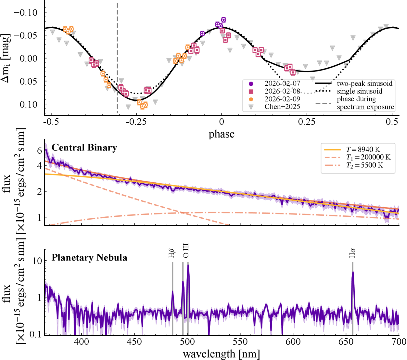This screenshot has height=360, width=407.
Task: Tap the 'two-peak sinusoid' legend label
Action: pos(364,83)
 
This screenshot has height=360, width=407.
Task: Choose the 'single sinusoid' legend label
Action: pos(359,91)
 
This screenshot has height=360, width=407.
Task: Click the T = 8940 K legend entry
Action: pos(363,149)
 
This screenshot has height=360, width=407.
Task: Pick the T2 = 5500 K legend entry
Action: pos(364,165)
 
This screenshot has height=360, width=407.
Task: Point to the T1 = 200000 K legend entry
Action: pos(368,158)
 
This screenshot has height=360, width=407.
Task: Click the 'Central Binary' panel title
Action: pos(84,148)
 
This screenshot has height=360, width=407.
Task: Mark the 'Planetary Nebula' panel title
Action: pos(89,258)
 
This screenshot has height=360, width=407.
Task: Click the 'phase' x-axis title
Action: pos(222,134)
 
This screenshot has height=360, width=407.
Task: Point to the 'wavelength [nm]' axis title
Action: pos(221,354)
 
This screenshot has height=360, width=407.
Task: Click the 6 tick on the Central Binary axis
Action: pos(40,150)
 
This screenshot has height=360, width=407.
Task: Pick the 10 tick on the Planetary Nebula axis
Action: pos(38,261)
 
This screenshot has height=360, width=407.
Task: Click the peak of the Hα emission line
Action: pos(353,272)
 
